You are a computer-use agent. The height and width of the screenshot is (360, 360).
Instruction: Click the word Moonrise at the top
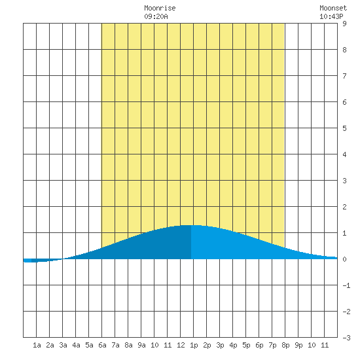click(x=160, y=8)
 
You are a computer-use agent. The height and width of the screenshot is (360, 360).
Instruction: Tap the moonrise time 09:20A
click(x=156, y=16)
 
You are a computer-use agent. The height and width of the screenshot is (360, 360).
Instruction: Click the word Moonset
click(x=333, y=8)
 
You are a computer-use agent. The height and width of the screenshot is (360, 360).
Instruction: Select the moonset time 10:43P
click(x=331, y=16)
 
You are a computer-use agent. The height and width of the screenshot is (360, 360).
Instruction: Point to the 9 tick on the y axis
click(x=344, y=24)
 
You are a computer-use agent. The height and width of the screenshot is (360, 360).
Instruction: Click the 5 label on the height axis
click(x=344, y=128)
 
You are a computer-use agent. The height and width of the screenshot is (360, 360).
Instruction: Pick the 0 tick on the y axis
click(x=344, y=259)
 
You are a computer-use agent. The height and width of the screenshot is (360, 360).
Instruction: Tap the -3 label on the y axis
click(x=346, y=338)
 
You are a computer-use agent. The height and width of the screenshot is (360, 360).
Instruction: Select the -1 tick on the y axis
click(x=346, y=285)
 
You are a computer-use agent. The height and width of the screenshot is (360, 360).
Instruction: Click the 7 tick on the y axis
click(x=344, y=76)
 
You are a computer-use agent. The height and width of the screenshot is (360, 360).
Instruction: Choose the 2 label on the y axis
click(x=344, y=207)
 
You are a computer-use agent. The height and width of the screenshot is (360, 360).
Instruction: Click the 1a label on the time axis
click(x=37, y=345)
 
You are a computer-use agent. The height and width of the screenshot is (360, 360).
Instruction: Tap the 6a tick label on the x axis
click(x=102, y=345)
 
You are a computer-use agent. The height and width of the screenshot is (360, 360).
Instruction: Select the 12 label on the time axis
click(x=181, y=345)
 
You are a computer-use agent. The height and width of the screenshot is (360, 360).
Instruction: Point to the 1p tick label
click(x=194, y=346)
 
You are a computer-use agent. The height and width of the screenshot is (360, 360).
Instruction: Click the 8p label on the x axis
click(x=285, y=346)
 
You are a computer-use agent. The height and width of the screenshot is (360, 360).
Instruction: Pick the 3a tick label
click(x=63, y=345)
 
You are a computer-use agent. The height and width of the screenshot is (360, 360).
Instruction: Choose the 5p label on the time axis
click(x=246, y=346)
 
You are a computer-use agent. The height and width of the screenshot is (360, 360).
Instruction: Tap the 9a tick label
click(x=141, y=345)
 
